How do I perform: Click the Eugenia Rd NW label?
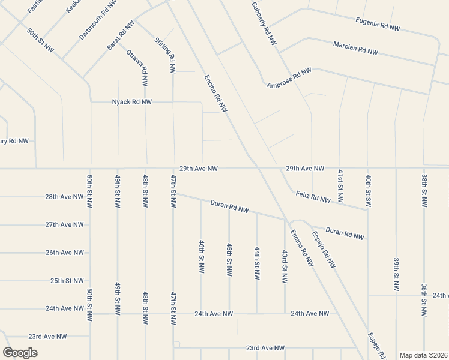(x=378, y=25)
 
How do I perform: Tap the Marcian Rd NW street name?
(x=355, y=48)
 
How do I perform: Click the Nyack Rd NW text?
(x=132, y=102)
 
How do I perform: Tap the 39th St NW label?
(x=396, y=274)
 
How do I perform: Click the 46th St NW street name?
(x=202, y=257)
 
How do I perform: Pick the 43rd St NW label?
(x=285, y=266)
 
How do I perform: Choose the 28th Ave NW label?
(x=64, y=197)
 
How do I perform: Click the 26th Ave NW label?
(x=65, y=253)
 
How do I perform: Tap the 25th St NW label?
(x=67, y=281)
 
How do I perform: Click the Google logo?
(x=20, y=352)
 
